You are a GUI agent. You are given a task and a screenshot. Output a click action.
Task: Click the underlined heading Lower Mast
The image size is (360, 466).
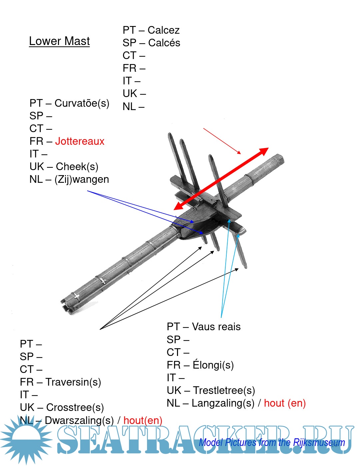(x=59, y=41)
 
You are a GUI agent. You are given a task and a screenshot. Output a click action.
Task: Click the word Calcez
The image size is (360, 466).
(x=163, y=30)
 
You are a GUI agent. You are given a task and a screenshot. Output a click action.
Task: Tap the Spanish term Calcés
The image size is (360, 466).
(x=164, y=43)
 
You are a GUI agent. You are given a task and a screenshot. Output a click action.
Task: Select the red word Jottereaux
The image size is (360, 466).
(x=80, y=141)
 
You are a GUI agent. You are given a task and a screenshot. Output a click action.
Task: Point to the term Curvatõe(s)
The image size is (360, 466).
(x=82, y=103)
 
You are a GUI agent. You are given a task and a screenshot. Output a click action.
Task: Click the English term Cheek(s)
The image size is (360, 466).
(x=77, y=166)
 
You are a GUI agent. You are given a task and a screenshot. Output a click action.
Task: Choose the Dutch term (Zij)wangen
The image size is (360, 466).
(x=82, y=179)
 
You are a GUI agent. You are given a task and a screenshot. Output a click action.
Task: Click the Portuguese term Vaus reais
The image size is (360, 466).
(x=216, y=327)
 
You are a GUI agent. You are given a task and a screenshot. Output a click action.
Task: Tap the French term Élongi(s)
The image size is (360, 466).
(x=213, y=365)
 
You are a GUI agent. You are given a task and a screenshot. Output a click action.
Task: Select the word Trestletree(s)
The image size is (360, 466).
(x=224, y=390)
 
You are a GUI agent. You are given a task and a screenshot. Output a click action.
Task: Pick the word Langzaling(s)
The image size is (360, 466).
(x=223, y=403)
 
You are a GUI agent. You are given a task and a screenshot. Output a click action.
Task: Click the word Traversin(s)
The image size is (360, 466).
(x=73, y=382)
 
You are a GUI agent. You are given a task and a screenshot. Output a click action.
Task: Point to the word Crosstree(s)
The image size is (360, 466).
(x=75, y=407)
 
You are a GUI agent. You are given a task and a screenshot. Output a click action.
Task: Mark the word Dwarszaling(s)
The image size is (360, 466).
(x=79, y=420)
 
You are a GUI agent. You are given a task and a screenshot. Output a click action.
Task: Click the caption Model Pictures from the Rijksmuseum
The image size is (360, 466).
(x=272, y=443)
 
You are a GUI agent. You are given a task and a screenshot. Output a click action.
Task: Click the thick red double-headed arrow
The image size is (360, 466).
(x=221, y=179)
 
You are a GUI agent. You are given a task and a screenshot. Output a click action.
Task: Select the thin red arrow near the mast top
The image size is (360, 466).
(x=222, y=141)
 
